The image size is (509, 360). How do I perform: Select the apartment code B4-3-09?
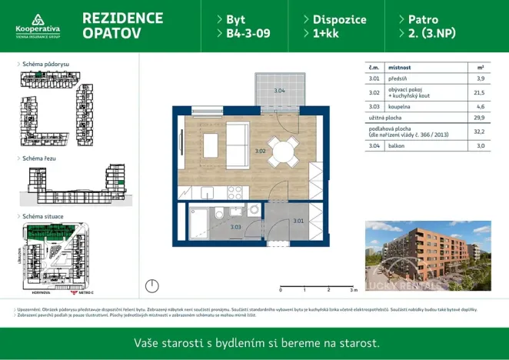pyautogui.click(x=243, y=34)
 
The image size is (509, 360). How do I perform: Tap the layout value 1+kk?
pyautogui.click(x=320, y=34)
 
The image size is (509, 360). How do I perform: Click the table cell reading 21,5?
pyautogui.click(x=480, y=93)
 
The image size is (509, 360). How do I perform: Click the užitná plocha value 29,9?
pyautogui.click(x=479, y=119)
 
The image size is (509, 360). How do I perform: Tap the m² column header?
pyautogui.click(x=480, y=67)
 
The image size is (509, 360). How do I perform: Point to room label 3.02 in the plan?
pyautogui.click(x=260, y=152)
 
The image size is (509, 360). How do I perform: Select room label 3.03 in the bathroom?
pyautogui.click(x=235, y=227)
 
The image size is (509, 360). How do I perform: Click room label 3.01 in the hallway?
pyautogui.click(x=298, y=222)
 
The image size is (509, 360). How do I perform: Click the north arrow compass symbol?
pyautogui.click(x=153, y=286)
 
